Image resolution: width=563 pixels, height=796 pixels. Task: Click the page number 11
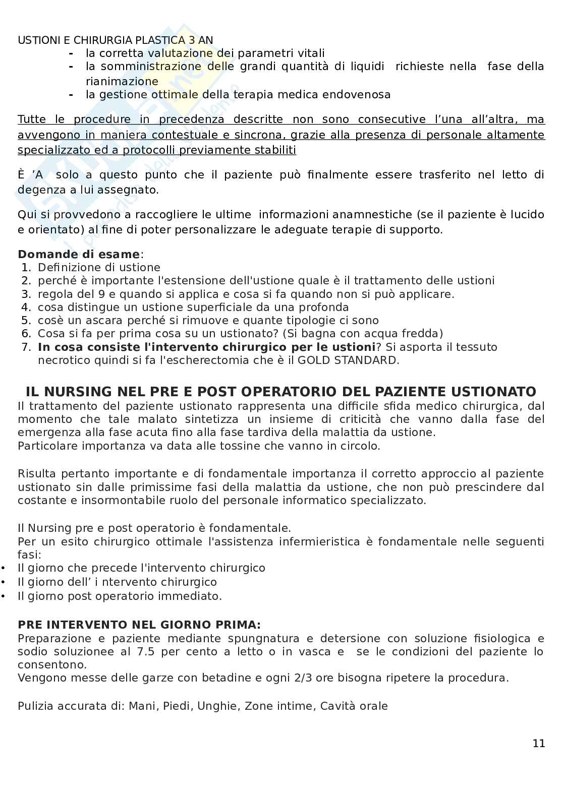pyautogui.click(x=538, y=743)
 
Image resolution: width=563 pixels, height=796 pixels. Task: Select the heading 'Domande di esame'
pyautogui.click(x=79, y=254)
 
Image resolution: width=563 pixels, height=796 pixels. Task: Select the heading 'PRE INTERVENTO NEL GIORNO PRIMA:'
pyautogui.click(x=139, y=625)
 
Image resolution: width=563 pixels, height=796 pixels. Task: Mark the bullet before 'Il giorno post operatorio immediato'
pyautogui.click(x=4, y=596)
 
